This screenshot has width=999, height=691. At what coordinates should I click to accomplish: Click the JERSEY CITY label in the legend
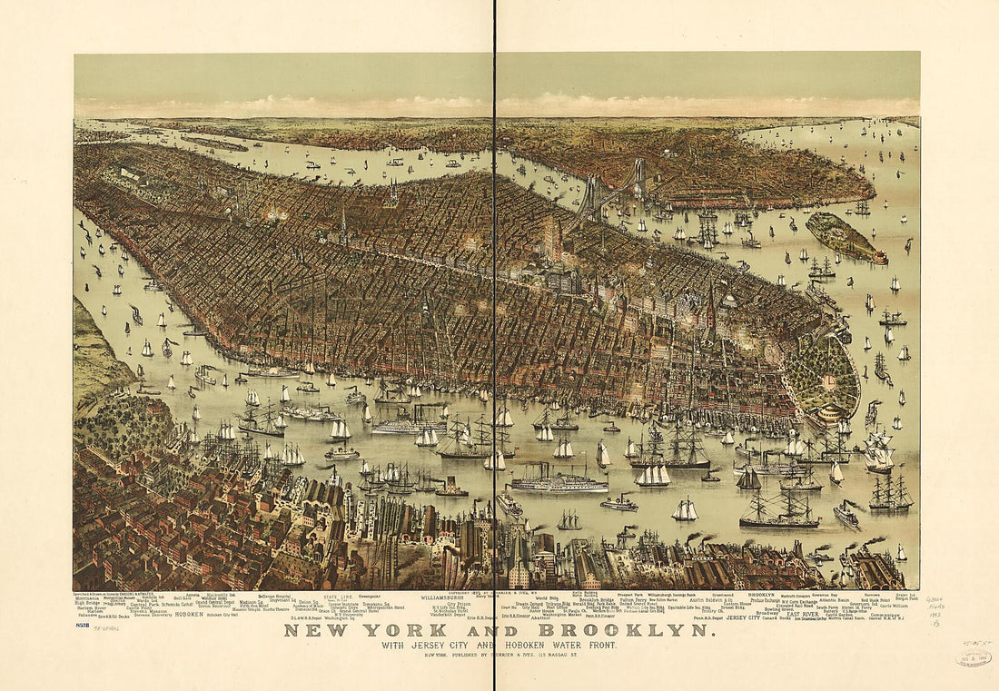coord(748,617)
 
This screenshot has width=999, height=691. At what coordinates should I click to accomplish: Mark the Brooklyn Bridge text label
coord(596,599)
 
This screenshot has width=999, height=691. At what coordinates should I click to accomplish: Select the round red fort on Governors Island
coord(879,258)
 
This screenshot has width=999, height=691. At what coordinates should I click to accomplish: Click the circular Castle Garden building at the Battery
coord(828,416)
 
